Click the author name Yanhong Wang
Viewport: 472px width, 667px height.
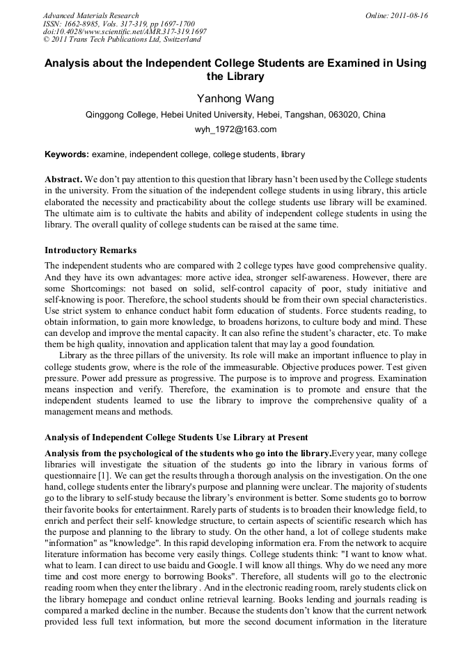[235, 98]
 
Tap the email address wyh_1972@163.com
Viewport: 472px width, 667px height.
[235, 129]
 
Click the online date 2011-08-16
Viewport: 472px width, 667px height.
[409, 15]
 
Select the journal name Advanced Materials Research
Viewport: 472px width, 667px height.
[91, 15]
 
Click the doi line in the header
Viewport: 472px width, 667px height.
[125, 32]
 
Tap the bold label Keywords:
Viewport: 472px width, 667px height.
[66, 154]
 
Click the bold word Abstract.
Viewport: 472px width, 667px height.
[64, 179]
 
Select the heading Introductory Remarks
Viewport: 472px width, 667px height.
[91, 250]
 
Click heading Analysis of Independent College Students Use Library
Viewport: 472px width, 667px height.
[176, 437]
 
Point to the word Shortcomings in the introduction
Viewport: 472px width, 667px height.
[95, 288]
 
